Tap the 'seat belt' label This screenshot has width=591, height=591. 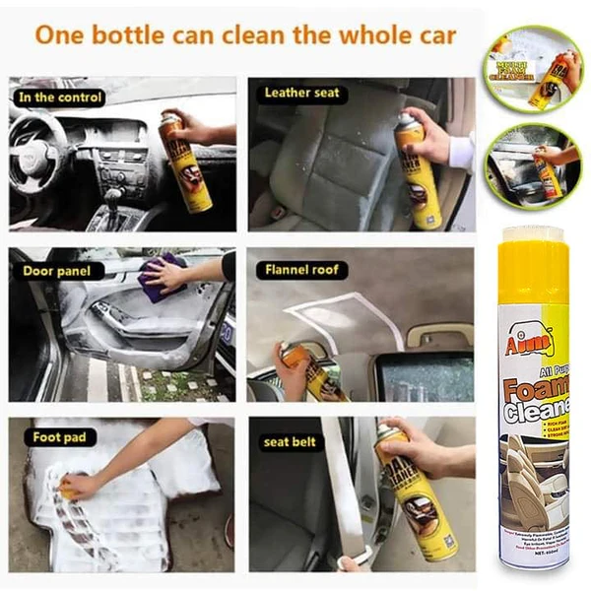click(290, 441)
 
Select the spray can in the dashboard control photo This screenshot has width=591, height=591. click(187, 163)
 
